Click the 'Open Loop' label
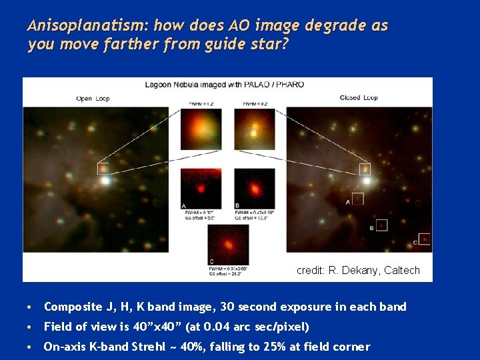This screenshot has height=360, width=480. pos(93,98)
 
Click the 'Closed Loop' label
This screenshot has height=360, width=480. pos(359,98)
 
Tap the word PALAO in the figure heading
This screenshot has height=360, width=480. pos(256,85)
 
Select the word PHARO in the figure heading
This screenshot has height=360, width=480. pos(290,85)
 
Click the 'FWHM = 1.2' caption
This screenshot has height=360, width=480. pos(200,104)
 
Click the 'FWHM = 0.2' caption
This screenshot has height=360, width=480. pos(254,104)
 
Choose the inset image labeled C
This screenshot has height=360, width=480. pos(228,243)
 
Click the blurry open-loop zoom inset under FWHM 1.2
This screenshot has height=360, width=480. pos(201,129)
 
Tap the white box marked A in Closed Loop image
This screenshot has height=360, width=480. pos(358,198)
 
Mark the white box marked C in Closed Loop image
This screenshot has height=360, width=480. pos(424,239)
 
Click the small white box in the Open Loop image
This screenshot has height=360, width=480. pos(103,168)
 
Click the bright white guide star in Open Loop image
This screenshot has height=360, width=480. pos(104,180)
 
